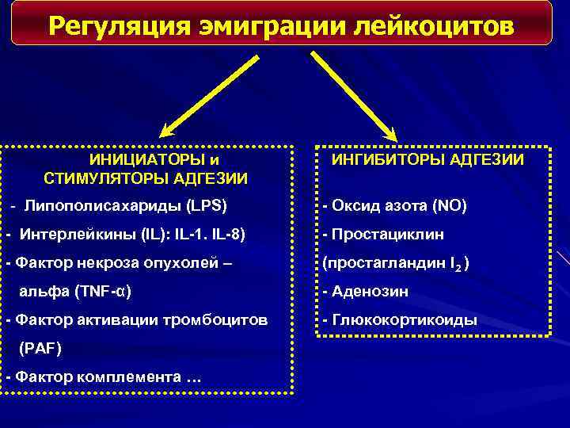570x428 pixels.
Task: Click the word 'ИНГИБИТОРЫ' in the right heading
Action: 380,160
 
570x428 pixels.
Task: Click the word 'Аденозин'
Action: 370,292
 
